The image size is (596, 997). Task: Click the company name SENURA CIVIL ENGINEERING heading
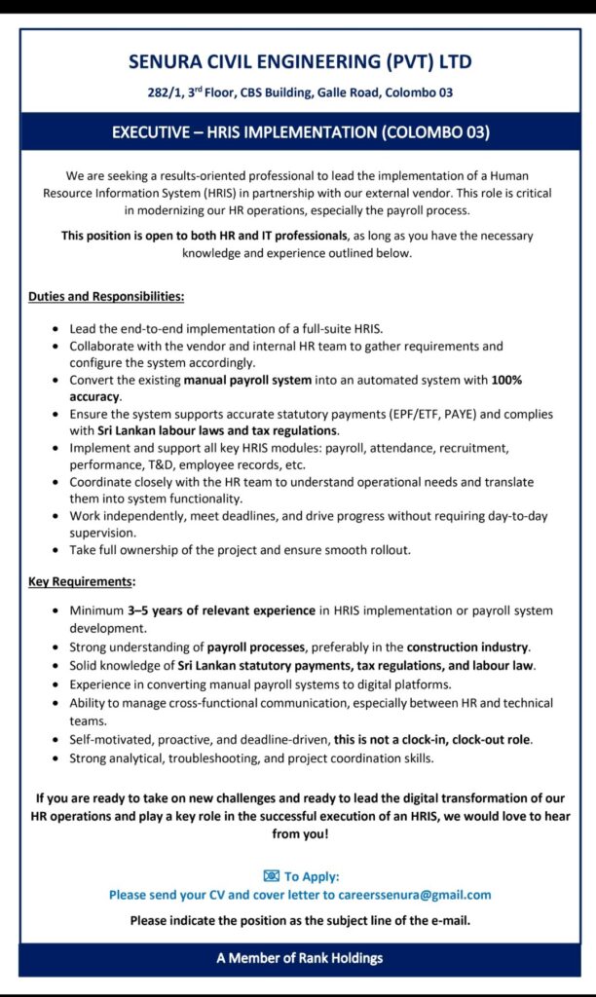click(x=299, y=63)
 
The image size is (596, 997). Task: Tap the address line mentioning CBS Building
click(x=299, y=93)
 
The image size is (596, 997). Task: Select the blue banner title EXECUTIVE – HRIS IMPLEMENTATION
click(x=299, y=131)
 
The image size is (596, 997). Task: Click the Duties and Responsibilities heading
click(x=106, y=295)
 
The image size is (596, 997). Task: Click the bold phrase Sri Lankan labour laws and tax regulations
click(x=218, y=429)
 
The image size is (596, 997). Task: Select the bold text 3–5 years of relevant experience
click(x=223, y=610)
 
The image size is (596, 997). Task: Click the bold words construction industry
click(x=469, y=646)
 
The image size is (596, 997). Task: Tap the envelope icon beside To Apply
click(x=271, y=876)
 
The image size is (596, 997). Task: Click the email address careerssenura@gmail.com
click(x=408, y=894)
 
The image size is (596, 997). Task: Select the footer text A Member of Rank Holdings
click(x=299, y=958)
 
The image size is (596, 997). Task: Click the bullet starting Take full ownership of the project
click(x=240, y=550)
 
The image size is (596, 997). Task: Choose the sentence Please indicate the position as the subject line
click(x=299, y=920)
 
